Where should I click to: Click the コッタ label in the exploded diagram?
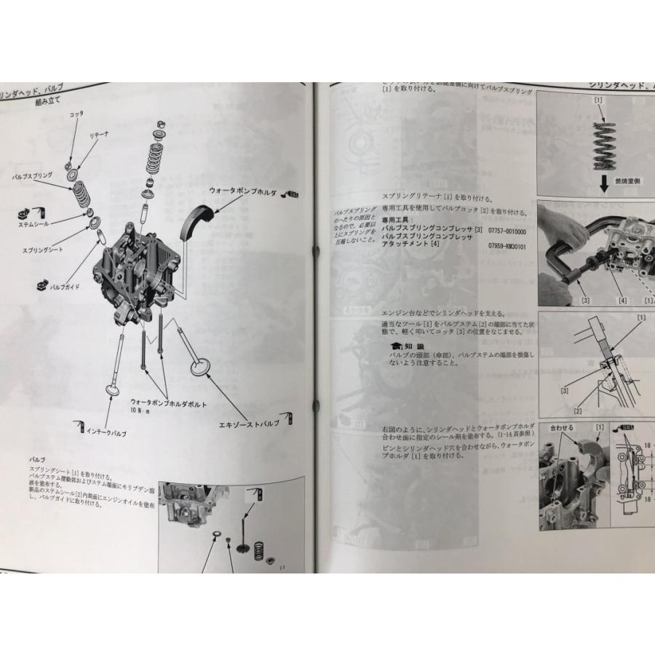[x=76, y=114]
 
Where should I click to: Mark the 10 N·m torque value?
[x=141, y=411]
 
